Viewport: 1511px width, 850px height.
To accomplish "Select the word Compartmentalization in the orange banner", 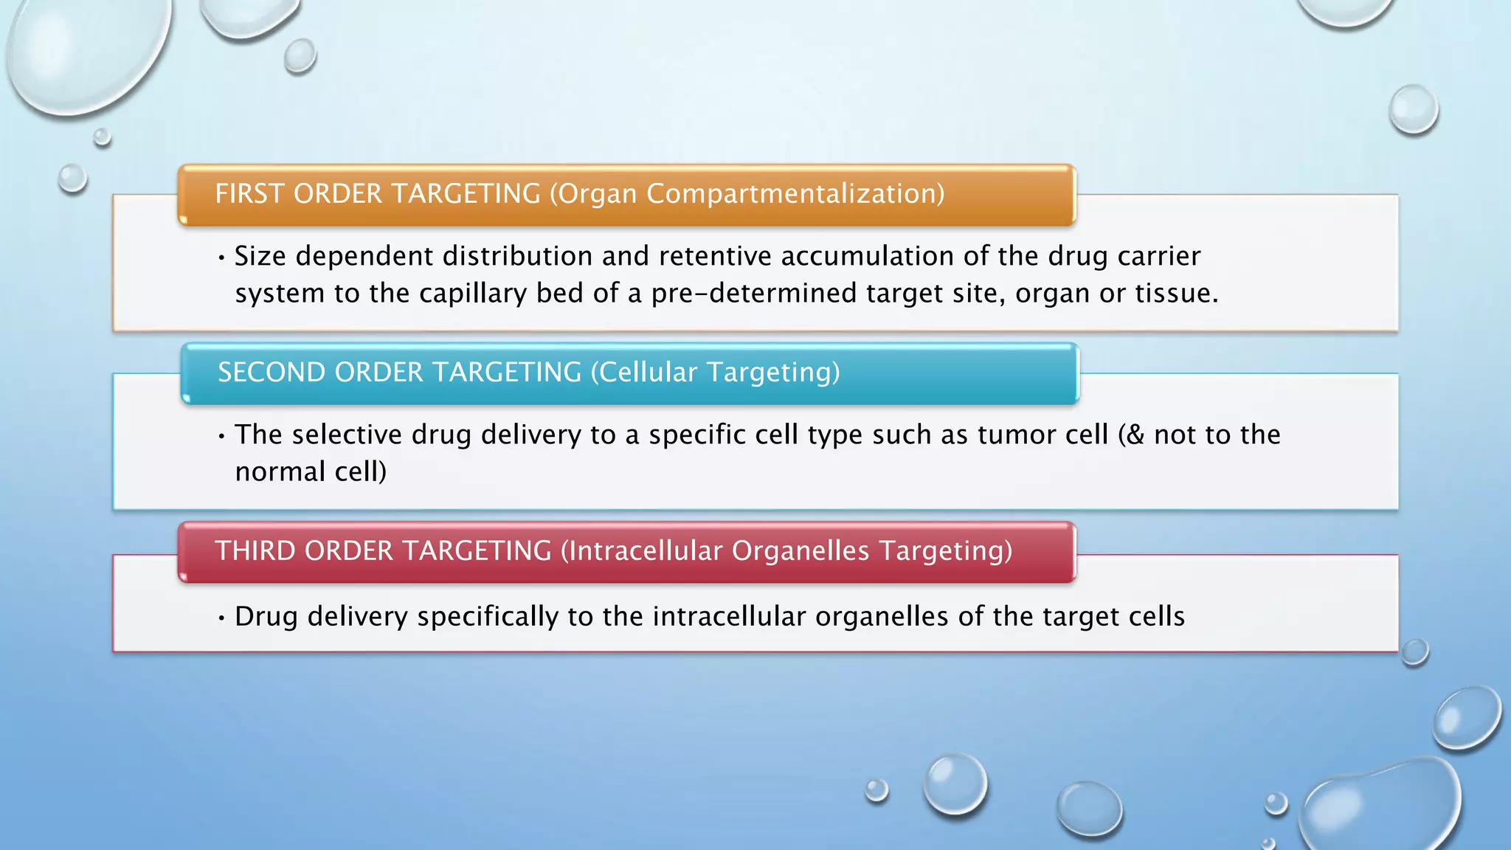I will coord(795,194).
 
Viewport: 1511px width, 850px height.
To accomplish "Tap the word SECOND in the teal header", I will coord(271,373).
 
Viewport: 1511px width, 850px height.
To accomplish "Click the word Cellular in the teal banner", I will coord(647,373).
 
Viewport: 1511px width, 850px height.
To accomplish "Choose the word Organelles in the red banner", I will coord(801,551).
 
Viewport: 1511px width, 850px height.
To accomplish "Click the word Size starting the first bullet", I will coord(260,256).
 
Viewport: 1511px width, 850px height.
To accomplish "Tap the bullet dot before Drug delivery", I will coord(221,618).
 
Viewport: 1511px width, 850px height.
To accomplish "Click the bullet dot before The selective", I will coord(221,436).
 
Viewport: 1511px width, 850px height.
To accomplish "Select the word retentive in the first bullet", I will coord(715,256).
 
